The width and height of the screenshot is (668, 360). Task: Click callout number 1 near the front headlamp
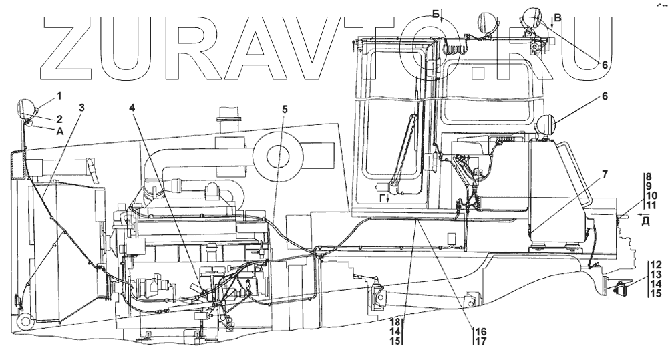[x=59, y=96]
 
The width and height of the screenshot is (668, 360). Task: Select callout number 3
[x=81, y=108]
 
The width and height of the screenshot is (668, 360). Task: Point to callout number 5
[x=285, y=109]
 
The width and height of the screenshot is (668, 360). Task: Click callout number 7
[x=605, y=175]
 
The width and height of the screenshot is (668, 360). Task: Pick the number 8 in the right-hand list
[x=649, y=176]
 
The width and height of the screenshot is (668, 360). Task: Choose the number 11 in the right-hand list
[x=651, y=205]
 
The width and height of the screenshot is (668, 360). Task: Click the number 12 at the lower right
[x=656, y=264]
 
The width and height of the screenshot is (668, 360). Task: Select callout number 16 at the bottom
[x=482, y=331]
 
